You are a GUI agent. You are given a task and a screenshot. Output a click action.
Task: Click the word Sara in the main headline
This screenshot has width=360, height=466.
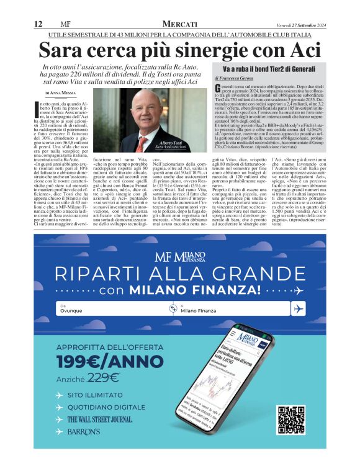64,49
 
